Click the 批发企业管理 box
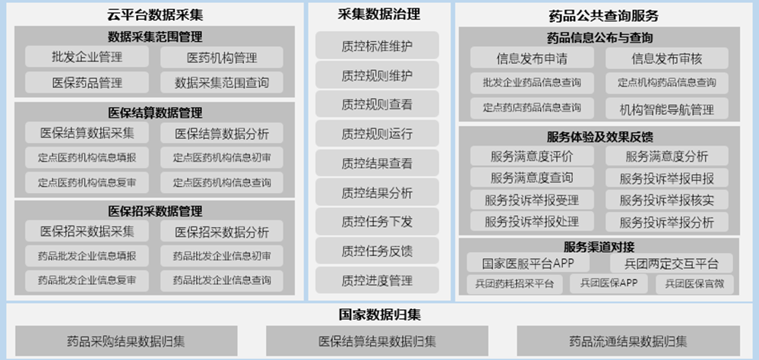[87, 57]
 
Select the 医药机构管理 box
[222, 58]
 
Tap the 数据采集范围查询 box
[222, 82]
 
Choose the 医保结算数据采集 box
[87, 133]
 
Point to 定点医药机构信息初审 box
[222, 158]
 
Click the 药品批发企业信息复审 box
[87, 281]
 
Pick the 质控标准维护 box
[377, 46]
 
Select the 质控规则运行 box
[377, 133]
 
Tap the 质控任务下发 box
[377, 221]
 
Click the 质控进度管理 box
[377, 279]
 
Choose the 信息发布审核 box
[667, 58]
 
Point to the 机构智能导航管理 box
[667, 109]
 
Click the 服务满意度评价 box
[532, 156]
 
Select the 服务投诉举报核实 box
[667, 199]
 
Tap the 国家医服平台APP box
[528, 264]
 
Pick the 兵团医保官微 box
[694, 284]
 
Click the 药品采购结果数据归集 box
[126, 341]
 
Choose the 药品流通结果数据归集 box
[628, 341]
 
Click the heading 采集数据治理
[379, 14]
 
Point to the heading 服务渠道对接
[599, 246]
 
